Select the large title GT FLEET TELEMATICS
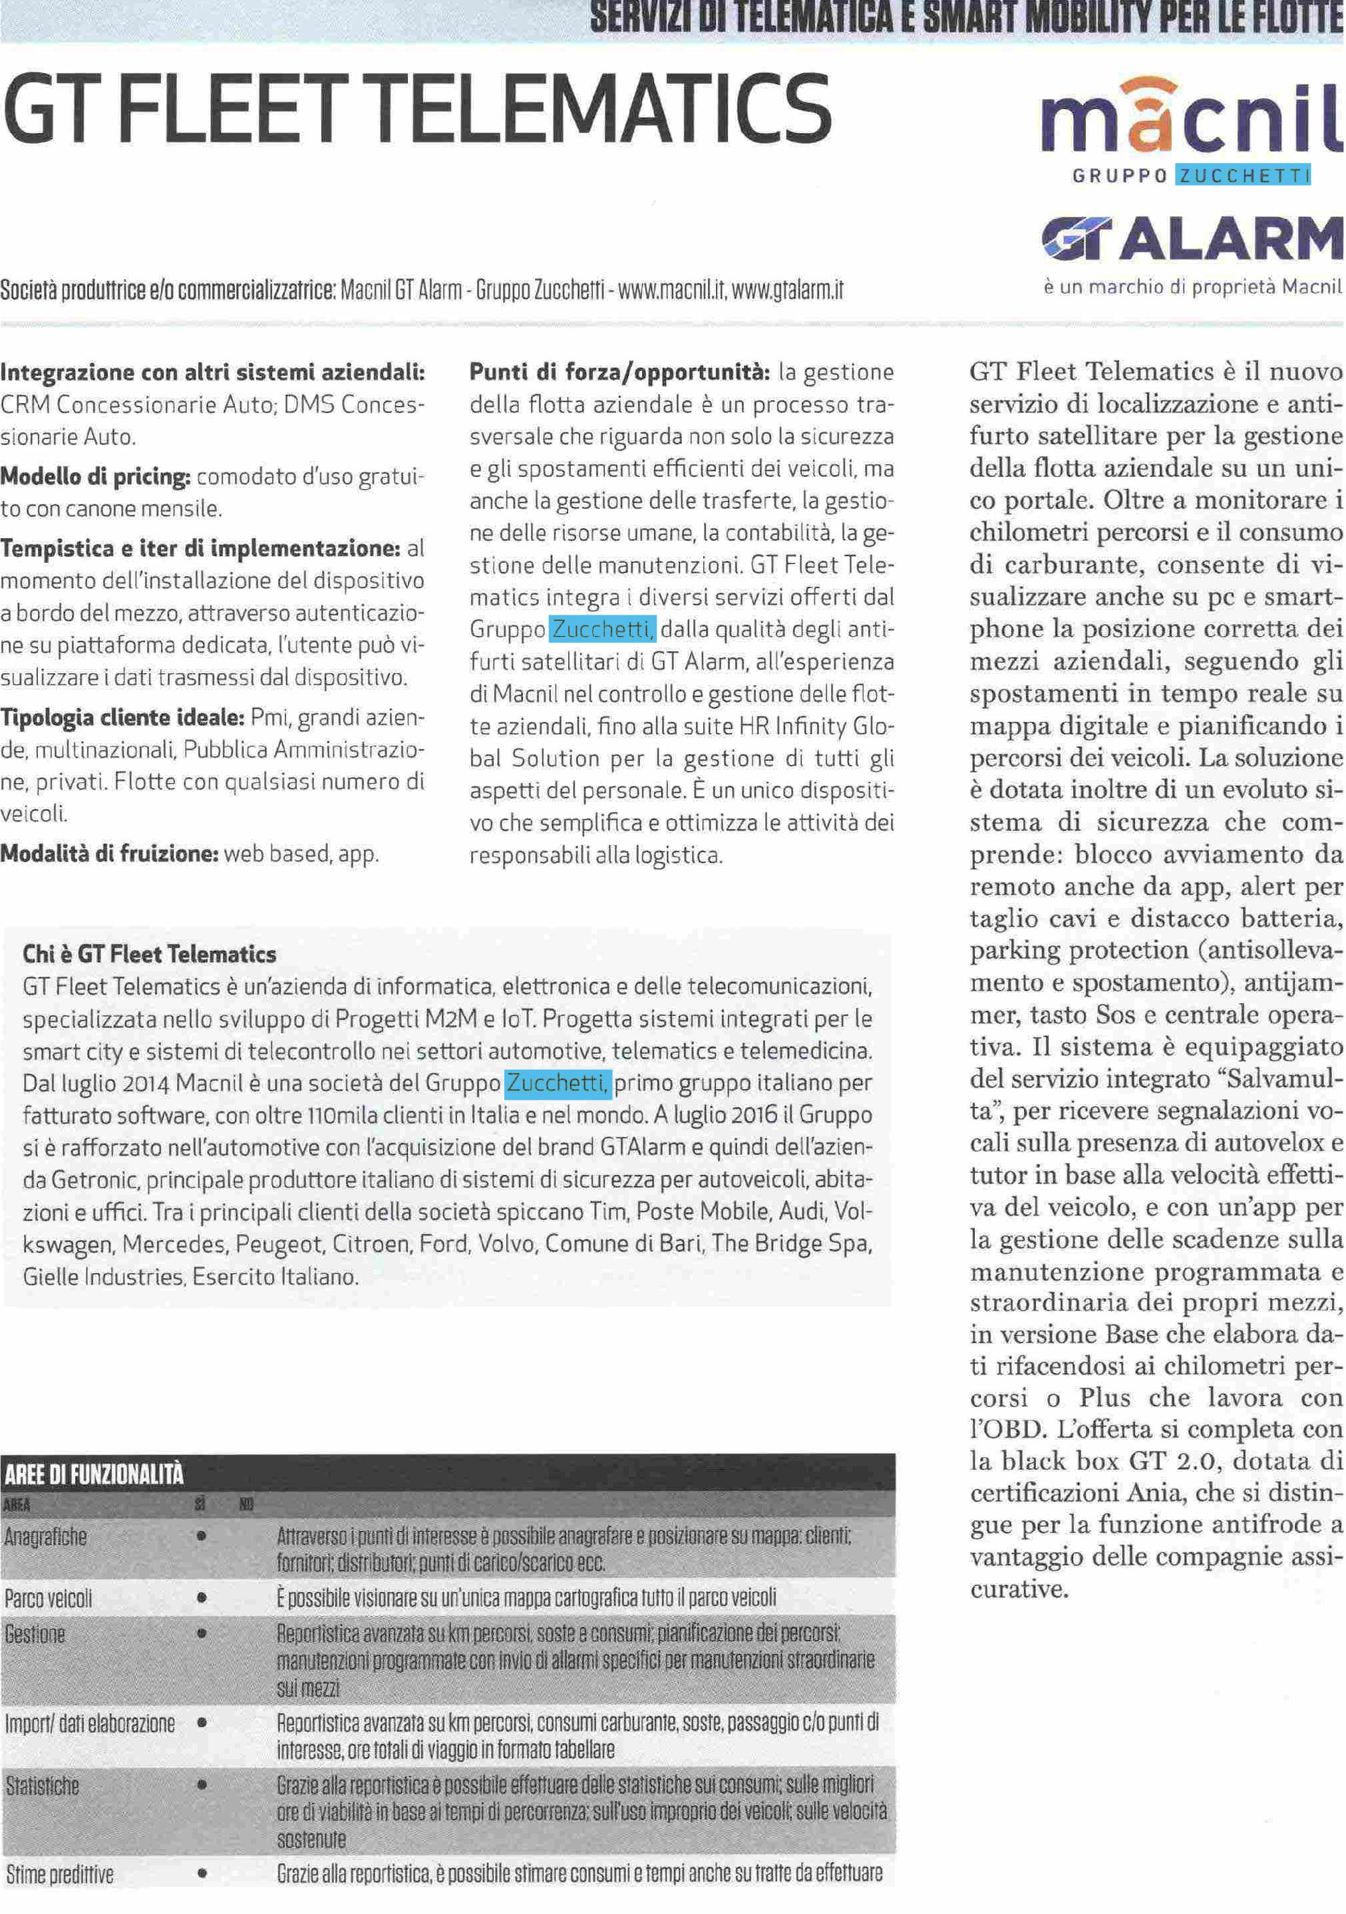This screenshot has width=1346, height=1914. (417, 108)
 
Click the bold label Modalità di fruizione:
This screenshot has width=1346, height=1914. (109, 854)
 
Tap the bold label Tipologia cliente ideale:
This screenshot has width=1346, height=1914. (122, 717)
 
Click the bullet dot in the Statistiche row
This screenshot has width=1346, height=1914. (201, 1786)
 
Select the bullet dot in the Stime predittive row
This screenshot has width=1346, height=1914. (201, 1874)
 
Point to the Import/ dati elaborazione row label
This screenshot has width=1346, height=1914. (90, 1723)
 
